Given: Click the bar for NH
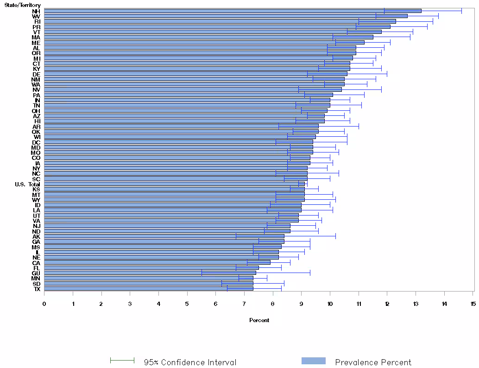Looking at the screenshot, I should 232,11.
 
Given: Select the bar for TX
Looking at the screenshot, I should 148,289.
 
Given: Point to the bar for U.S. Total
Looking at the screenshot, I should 174,184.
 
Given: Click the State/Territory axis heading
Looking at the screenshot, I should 22,5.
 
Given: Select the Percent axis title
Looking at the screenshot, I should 259,320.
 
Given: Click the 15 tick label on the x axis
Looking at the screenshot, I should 473,304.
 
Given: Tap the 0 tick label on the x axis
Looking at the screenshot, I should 44,304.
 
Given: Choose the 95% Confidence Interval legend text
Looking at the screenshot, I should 190,362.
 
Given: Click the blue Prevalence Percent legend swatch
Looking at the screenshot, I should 314,361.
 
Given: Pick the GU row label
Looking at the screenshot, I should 36,273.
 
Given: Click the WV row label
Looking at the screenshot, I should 36,16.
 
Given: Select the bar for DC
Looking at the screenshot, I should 178,142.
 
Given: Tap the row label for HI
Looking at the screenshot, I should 37,121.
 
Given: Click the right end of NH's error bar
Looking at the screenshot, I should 461,11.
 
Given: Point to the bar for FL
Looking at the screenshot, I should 151,268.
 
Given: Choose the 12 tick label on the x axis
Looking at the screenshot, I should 387,304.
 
